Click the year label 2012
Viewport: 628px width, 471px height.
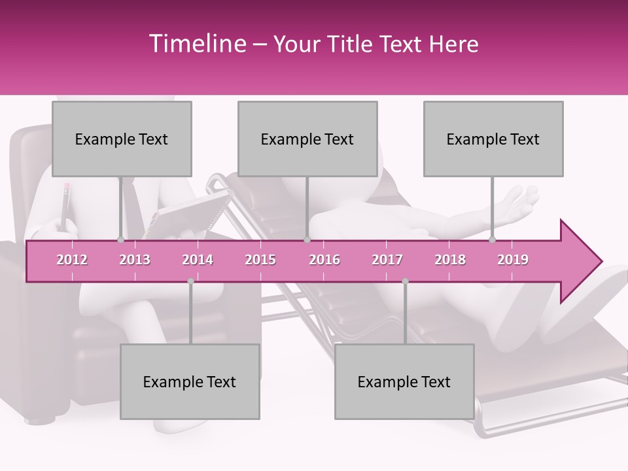coord(72,260)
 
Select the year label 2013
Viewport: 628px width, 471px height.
coord(135,260)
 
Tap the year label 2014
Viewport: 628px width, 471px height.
coord(198,260)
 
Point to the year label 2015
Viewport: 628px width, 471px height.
coord(260,260)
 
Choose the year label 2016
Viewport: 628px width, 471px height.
coord(324,260)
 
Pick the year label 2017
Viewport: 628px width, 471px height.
coord(387,260)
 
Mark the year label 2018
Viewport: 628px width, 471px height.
coord(450,260)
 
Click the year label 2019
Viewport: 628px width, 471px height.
coord(513,260)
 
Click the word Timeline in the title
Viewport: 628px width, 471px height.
coord(196,44)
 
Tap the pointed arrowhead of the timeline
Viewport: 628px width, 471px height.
coord(582,261)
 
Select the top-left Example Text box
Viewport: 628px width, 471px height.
coord(122,139)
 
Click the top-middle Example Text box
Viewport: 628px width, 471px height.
coord(307,139)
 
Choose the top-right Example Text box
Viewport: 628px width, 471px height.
coord(493,139)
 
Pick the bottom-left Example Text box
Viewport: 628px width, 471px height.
coord(190,381)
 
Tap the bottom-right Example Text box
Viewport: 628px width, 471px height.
coord(404,381)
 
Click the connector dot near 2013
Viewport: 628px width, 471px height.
coord(120,240)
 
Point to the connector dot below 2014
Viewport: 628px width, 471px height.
coord(190,281)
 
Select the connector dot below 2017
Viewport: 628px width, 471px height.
coord(405,281)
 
